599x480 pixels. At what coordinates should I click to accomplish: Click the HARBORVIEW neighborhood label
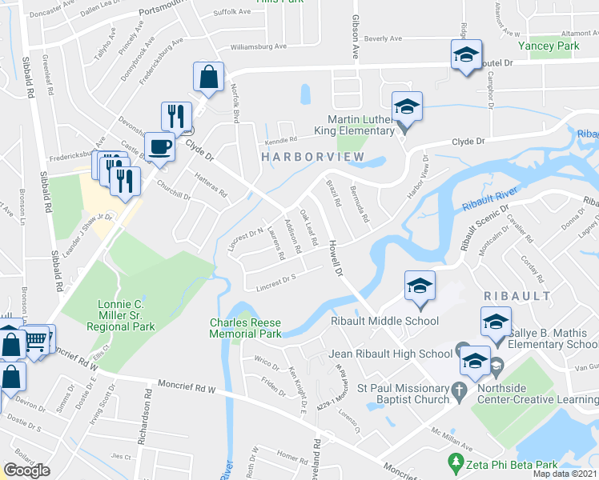point(313,158)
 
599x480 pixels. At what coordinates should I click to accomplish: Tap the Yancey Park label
point(548,46)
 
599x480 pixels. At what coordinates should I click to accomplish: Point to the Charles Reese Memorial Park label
point(245,328)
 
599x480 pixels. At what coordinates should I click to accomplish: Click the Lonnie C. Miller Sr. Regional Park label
point(126,316)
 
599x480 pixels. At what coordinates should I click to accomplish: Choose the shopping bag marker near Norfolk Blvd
point(208,78)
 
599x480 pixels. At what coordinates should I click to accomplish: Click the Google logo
point(26,470)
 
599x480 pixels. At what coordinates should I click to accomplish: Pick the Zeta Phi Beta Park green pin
point(456,462)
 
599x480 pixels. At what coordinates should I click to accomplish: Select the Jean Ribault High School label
point(391,354)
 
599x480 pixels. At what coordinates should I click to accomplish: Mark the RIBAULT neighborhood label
point(517,296)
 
